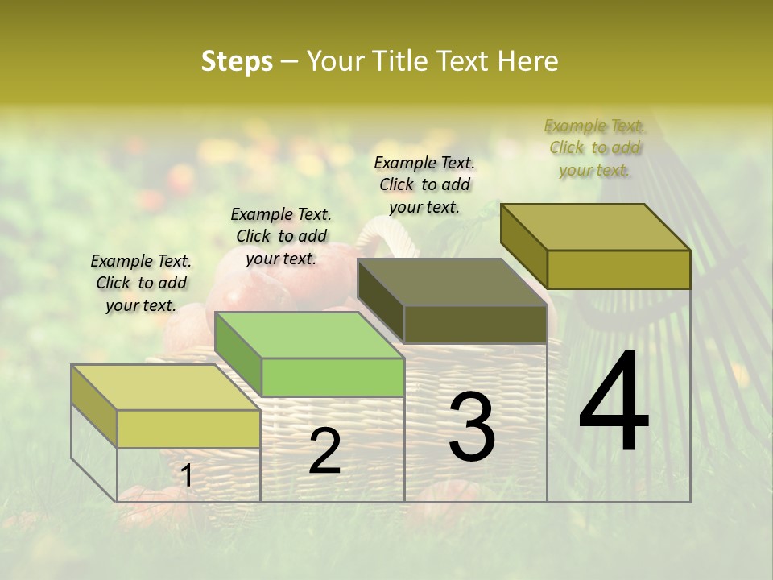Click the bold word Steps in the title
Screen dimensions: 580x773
pos(237,61)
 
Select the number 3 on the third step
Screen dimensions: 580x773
pos(471,427)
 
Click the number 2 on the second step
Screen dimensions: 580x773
pos(324,452)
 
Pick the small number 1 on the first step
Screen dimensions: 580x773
pos(187,476)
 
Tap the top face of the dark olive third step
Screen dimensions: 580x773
pos(452,282)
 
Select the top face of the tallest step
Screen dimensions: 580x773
pos(595,226)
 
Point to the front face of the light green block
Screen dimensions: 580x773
pos(333,377)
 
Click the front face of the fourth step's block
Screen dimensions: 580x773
pos(618,269)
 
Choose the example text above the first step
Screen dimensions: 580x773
pos(141,283)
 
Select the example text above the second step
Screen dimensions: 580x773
pos(281,236)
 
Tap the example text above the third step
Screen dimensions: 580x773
pos(424,184)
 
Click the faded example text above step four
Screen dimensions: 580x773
pos(594,147)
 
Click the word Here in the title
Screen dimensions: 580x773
pos(529,61)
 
